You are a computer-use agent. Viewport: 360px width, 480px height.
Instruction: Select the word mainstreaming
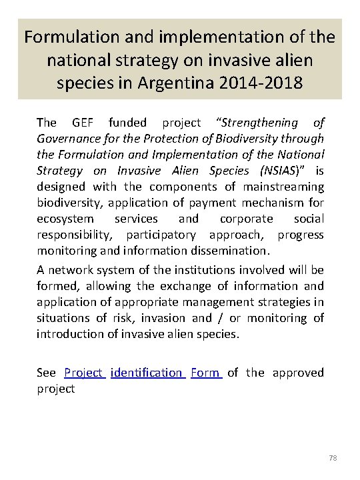click(287, 186)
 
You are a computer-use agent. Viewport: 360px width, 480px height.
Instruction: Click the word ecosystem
click(64, 218)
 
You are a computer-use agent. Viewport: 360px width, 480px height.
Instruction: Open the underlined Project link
click(84, 373)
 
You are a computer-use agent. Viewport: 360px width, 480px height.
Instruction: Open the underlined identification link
click(147, 373)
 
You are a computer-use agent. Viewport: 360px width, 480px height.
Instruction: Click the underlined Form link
click(205, 373)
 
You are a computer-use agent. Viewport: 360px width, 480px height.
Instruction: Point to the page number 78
click(334, 459)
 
